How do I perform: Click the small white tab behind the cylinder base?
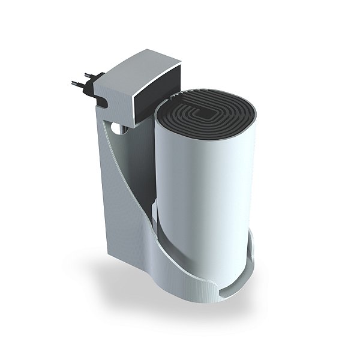click(x=155, y=210)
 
